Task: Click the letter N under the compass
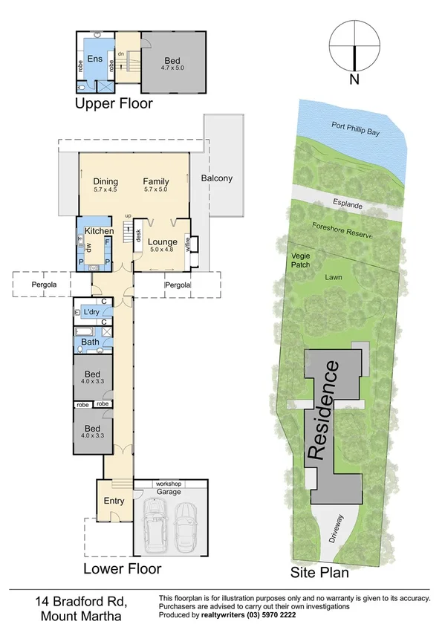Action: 355,79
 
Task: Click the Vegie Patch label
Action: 301,260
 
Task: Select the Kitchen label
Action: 99,232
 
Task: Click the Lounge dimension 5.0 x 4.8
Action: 162,250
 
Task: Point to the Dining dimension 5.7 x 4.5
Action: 105,189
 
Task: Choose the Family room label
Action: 156,181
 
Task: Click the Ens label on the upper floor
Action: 95,59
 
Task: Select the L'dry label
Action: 92,311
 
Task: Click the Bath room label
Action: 90,342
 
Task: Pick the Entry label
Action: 114,501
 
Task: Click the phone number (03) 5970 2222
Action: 276,616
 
